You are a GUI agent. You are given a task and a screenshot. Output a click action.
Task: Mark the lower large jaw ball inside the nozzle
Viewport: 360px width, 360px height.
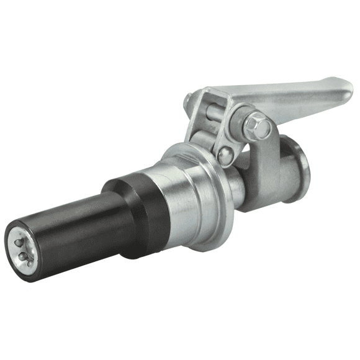[24, 256]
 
